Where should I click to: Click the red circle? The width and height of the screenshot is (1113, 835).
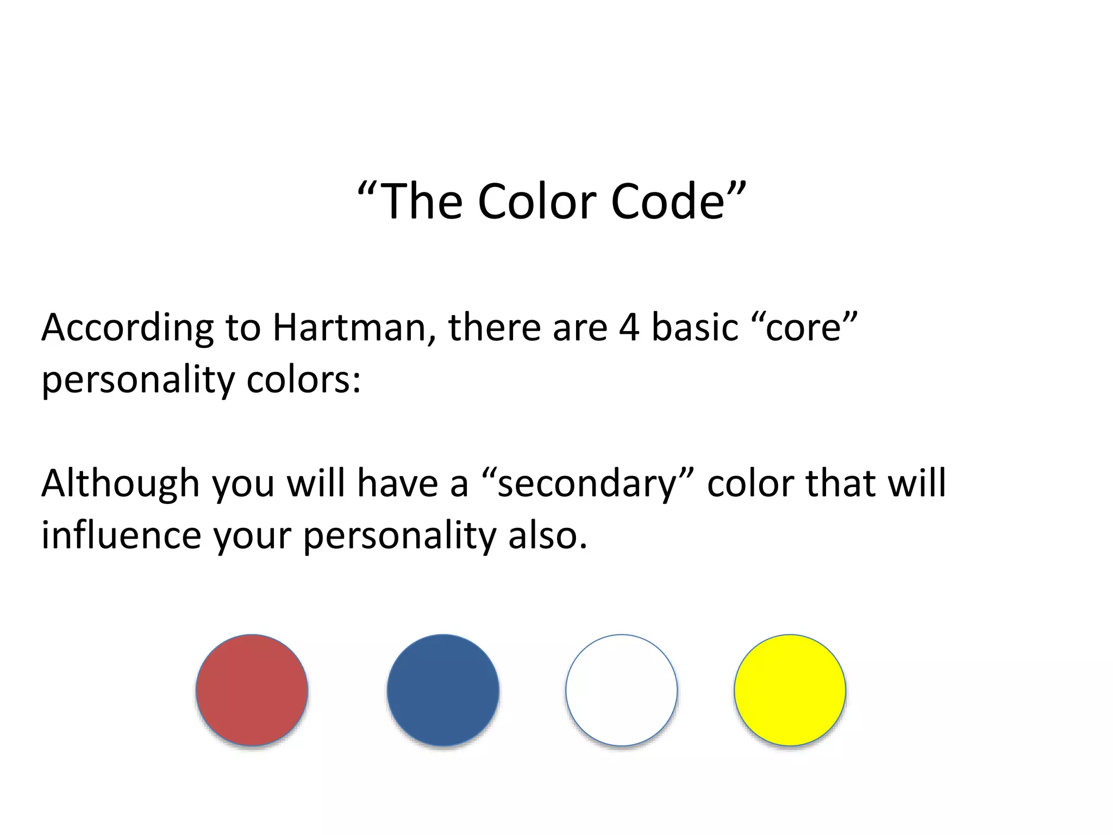[x=252, y=690]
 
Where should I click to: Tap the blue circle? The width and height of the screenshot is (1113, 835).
[x=443, y=690]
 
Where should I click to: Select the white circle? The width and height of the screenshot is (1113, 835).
[x=621, y=690]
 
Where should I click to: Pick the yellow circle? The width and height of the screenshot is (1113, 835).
[x=790, y=690]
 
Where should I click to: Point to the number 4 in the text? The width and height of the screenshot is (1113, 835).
[x=629, y=328]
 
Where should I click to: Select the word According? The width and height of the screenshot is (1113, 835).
[x=128, y=329]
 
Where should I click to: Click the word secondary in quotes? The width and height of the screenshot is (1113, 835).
[x=586, y=483]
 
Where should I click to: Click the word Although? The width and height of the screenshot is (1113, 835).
[x=120, y=483]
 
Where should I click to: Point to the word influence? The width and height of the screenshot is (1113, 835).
[x=121, y=535]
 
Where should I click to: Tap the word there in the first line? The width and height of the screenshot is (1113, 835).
[x=494, y=328]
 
